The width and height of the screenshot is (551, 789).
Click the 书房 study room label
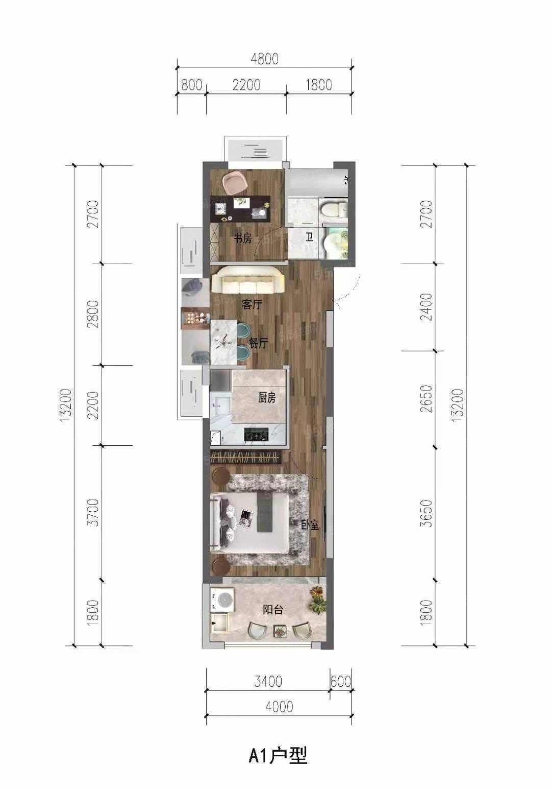(x=243, y=239)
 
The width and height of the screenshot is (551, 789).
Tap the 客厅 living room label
(x=252, y=304)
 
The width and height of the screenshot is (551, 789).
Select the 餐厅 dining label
(x=259, y=343)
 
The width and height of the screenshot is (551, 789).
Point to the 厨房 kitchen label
(x=267, y=398)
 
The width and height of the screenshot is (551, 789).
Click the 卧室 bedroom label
(x=310, y=525)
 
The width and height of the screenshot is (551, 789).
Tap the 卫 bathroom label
(x=309, y=237)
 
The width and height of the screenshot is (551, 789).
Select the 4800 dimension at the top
(x=265, y=59)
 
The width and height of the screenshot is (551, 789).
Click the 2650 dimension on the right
(x=427, y=399)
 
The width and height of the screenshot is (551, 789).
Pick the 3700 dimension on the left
(x=93, y=512)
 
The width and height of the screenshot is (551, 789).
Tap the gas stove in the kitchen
(x=256, y=434)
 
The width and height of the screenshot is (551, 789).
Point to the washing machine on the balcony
(x=222, y=600)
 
